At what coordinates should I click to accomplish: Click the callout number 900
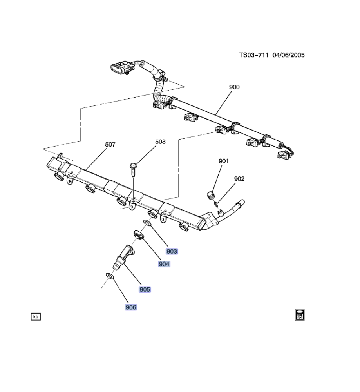click(234, 87)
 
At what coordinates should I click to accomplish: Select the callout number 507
click(110, 145)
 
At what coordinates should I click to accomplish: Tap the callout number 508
click(160, 142)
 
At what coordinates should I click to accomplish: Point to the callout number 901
click(224, 161)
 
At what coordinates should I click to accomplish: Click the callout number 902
click(239, 179)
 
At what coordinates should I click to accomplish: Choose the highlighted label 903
click(172, 251)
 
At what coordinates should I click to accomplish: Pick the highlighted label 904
click(164, 264)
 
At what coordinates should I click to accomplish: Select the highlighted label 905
click(145, 289)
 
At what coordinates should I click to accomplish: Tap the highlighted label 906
click(131, 307)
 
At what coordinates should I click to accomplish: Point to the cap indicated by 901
click(211, 194)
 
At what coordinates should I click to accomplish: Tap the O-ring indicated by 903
click(147, 223)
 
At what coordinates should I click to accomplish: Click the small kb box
click(36, 316)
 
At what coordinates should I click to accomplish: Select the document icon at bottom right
click(300, 314)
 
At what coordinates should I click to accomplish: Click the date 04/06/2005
click(288, 55)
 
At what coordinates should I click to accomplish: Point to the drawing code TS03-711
click(253, 55)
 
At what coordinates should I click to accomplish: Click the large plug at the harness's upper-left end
click(121, 68)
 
